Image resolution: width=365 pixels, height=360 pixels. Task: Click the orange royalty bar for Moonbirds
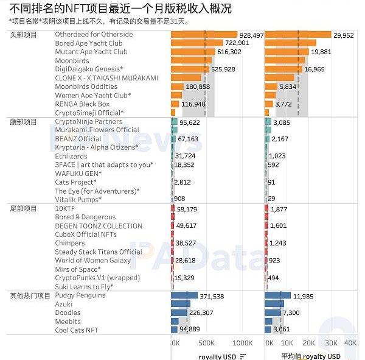pyautogui.click(x=193, y=61)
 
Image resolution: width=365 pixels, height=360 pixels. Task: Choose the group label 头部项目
pyautogui.click(x=24, y=35)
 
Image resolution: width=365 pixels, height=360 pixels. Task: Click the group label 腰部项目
pyautogui.click(x=24, y=122)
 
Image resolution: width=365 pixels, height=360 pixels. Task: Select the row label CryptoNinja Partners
pyautogui.click(x=88, y=122)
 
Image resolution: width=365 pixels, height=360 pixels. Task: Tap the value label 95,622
pyautogui.click(x=190, y=122)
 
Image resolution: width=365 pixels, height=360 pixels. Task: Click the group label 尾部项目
pyautogui.click(x=24, y=209)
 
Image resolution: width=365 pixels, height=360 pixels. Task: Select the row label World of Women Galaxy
pyautogui.click(x=92, y=261)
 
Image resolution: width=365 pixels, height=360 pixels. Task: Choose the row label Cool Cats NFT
pyautogui.click(x=76, y=330)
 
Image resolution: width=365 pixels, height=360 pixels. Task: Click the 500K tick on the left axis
pyautogui.click(x=207, y=343)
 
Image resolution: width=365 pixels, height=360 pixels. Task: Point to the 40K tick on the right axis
pyautogui.click(x=350, y=343)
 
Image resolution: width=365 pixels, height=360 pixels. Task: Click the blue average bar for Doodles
pyautogui.click(x=273, y=312)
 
